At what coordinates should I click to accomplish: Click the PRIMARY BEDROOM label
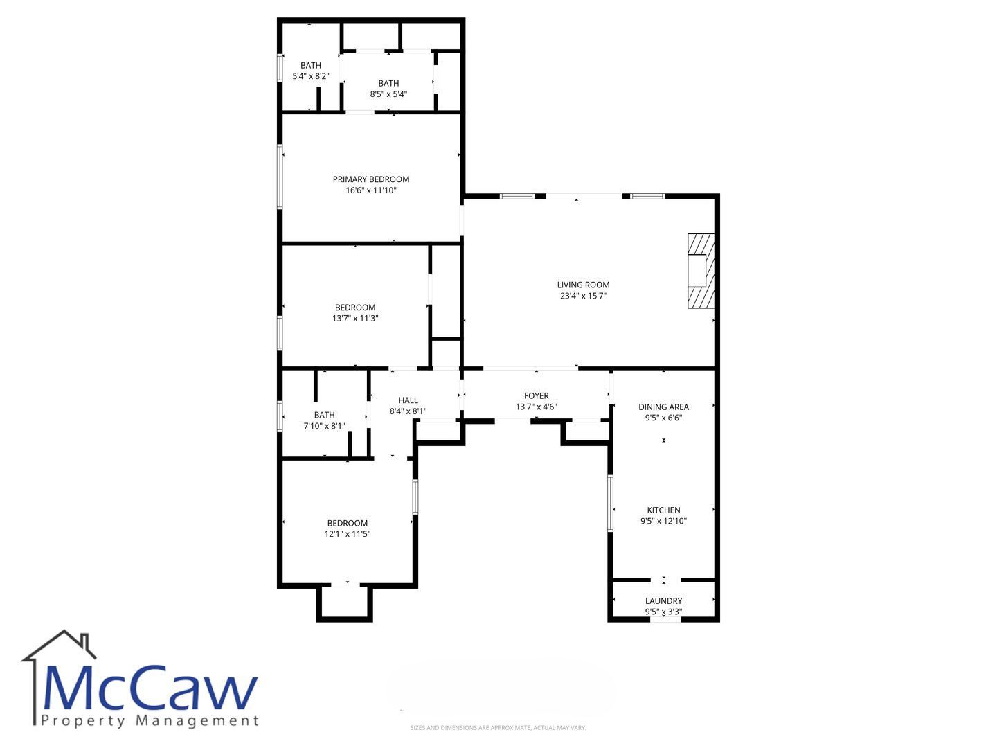click(x=370, y=179)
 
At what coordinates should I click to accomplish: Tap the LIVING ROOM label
click(x=583, y=285)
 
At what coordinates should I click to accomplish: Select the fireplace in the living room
click(x=701, y=271)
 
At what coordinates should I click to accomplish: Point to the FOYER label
click(x=536, y=395)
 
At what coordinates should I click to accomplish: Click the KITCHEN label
click(x=663, y=510)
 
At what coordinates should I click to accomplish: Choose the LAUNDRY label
click(x=663, y=601)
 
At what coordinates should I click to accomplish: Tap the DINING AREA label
click(x=663, y=407)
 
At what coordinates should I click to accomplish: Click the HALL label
click(x=408, y=400)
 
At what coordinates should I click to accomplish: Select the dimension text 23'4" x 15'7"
click(x=583, y=296)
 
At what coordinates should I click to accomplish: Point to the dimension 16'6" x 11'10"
click(x=370, y=190)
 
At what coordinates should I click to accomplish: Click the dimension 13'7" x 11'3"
click(x=354, y=319)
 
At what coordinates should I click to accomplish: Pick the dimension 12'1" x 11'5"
click(x=347, y=534)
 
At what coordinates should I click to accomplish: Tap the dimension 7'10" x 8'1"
click(x=324, y=426)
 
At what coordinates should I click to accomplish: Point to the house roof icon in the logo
click(x=59, y=645)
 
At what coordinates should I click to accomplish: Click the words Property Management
click(x=150, y=720)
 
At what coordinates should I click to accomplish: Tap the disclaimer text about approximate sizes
click(x=498, y=727)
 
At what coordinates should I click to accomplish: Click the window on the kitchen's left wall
click(x=610, y=503)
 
